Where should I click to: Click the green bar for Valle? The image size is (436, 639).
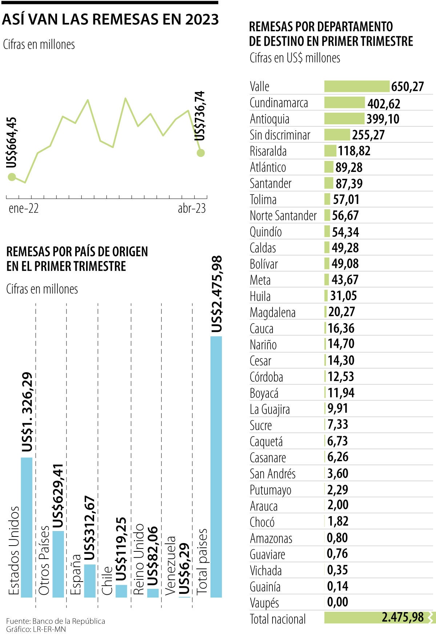click(356, 87)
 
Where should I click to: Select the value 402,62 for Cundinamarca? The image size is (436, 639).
click(384, 104)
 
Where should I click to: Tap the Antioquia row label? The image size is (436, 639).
click(270, 119)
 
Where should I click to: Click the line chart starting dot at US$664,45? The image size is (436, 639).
click(12, 177)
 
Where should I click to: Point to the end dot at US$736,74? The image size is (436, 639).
click(201, 153)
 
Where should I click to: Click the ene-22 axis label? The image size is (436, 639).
click(24, 209)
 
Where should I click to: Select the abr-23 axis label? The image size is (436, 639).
click(191, 209)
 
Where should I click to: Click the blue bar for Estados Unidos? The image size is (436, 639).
click(27, 527)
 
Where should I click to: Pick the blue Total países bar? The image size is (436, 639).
click(216, 467)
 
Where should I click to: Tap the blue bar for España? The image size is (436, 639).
click(90, 580)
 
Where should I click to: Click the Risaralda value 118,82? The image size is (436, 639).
click(354, 151)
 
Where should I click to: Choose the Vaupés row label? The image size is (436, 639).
click(264, 603)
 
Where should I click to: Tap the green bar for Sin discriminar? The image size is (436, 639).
click(337, 135)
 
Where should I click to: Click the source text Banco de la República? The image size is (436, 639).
click(68, 621)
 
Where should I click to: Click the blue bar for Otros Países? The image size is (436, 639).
click(58, 564)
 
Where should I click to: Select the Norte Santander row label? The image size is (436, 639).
click(283, 216)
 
